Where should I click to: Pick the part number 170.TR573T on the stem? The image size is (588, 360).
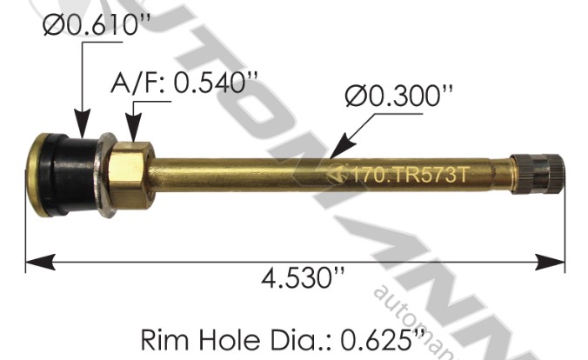coord(408,172)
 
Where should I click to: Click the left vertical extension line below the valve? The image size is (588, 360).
coord(26,235)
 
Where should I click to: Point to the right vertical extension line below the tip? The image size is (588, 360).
coord(565,226)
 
